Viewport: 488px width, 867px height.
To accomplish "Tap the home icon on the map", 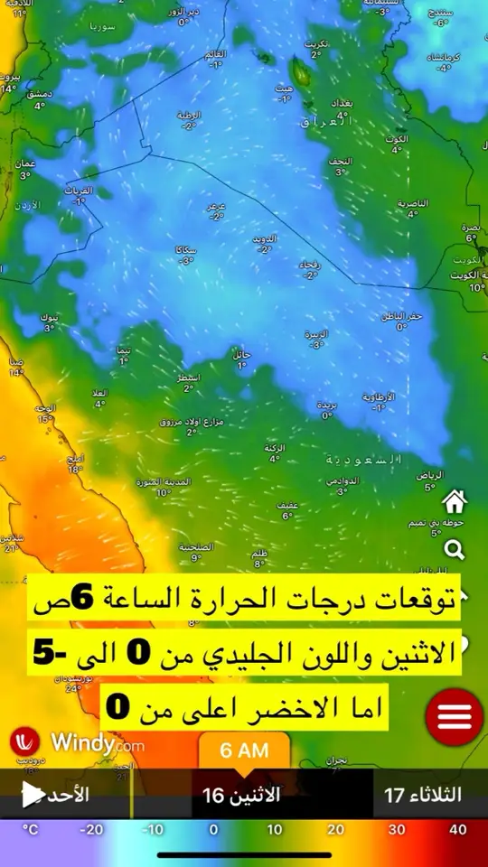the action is [x=454, y=500].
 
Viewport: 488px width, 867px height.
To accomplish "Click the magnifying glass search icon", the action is [x=454, y=549].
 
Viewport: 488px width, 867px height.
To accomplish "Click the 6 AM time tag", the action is [x=244, y=750].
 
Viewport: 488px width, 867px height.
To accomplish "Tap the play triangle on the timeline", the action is [x=33, y=795].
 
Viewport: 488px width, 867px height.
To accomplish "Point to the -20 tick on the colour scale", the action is [x=91, y=830].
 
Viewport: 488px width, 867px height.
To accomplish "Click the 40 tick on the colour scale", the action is [x=457, y=830].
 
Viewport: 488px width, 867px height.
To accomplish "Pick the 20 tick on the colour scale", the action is [x=335, y=830].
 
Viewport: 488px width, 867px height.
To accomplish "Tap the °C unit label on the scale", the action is [x=31, y=830].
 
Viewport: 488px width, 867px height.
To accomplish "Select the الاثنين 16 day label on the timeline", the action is [x=241, y=796].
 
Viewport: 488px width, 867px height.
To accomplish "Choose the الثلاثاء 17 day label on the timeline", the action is [x=423, y=796].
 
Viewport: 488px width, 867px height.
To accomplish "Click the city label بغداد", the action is [x=343, y=104].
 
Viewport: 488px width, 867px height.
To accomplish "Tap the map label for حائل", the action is [x=241, y=354].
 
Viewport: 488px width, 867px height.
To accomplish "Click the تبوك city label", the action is [x=50, y=318].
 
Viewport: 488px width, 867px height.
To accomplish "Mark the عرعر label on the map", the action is [x=216, y=206].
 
